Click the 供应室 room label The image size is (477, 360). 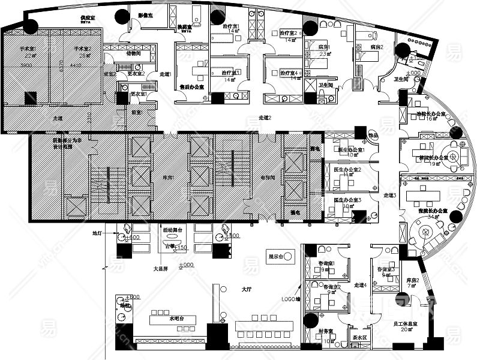click(90, 19)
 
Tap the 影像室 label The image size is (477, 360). click(146, 14)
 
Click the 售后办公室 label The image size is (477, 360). click(191, 86)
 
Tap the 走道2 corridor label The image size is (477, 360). click(265, 118)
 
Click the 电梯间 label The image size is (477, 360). click(268, 178)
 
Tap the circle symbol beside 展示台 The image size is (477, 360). click(289, 256)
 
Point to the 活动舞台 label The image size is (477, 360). click(172, 230)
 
